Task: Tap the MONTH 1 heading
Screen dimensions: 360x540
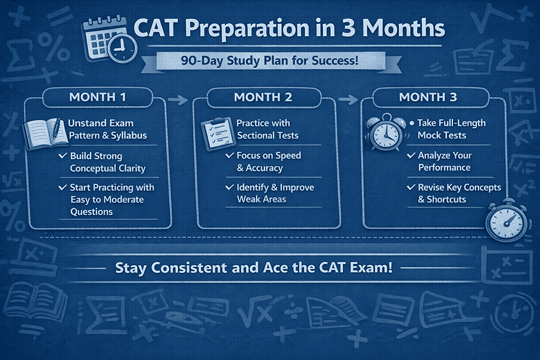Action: point(98,97)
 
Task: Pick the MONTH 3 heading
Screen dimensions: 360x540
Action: point(427,97)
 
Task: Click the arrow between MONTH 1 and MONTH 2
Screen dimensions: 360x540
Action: point(178,100)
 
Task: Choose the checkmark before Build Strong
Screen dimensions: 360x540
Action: point(63,156)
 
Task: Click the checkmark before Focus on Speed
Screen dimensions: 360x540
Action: point(229,156)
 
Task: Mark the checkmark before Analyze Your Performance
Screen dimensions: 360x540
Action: point(411,156)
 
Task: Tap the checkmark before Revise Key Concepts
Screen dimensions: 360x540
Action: point(411,187)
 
